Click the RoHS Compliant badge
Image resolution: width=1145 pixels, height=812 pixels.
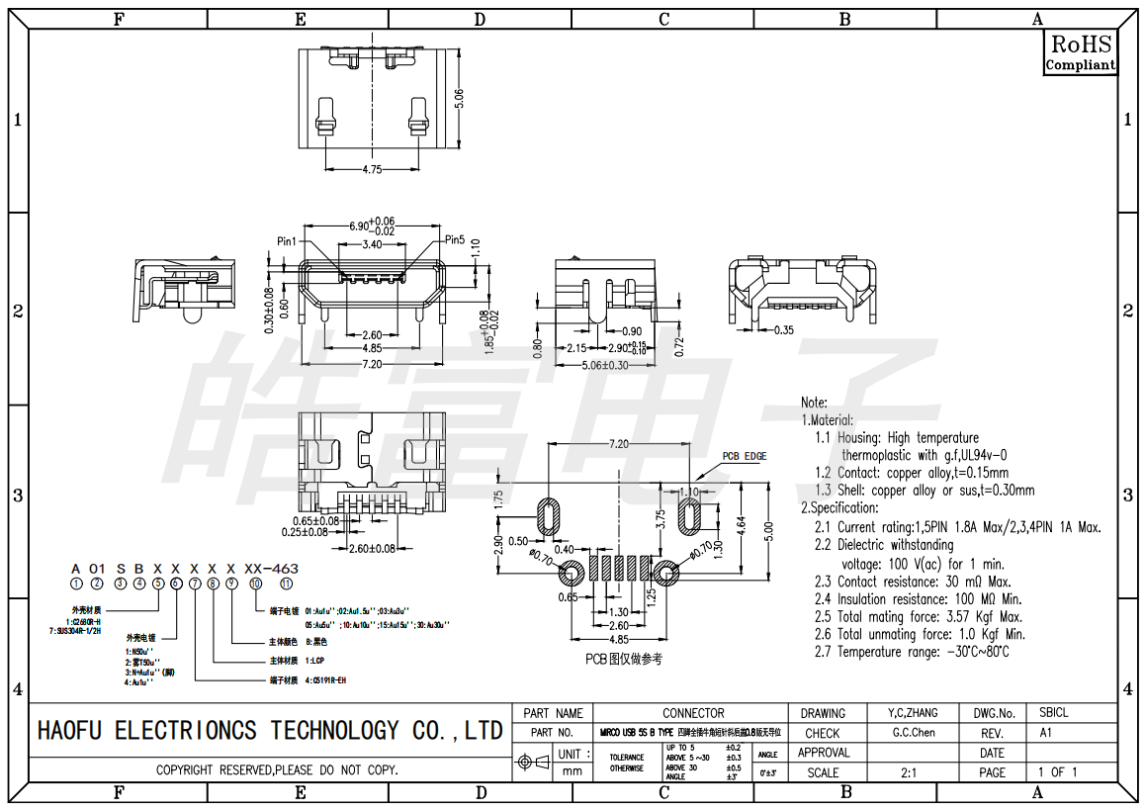click(1081, 52)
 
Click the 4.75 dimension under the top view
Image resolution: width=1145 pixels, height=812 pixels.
click(372, 170)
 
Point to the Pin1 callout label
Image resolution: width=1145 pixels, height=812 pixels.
click(288, 240)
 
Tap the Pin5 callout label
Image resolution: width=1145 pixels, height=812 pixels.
click(455, 239)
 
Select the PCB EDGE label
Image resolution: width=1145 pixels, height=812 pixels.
click(744, 456)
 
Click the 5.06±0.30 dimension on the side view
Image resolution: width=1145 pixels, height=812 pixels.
click(605, 365)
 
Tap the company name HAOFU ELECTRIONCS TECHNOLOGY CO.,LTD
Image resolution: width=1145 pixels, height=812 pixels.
click(269, 731)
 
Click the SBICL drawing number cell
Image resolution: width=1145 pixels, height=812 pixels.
click(1054, 713)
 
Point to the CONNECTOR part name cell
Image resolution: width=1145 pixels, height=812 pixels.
click(693, 713)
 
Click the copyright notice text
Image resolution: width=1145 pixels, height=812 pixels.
click(277, 769)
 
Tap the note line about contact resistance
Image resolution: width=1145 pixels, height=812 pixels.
click(912, 582)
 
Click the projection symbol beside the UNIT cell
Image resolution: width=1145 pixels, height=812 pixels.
click(534, 762)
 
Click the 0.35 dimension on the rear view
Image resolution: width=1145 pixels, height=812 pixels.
click(784, 329)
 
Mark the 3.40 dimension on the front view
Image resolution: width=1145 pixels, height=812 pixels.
click(373, 244)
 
